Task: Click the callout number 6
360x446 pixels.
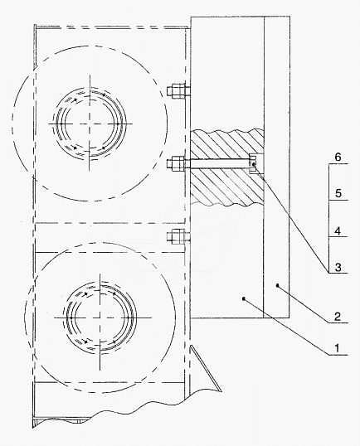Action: point(338,157)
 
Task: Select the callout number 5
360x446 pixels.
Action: point(338,194)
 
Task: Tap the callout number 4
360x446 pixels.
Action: point(338,231)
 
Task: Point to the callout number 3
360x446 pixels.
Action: point(338,268)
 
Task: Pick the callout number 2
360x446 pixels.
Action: point(338,317)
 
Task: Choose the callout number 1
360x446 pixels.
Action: point(337,348)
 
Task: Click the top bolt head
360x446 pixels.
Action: point(176,91)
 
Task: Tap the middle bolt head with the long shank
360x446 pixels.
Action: point(176,163)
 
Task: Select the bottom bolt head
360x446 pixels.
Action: point(176,236)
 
